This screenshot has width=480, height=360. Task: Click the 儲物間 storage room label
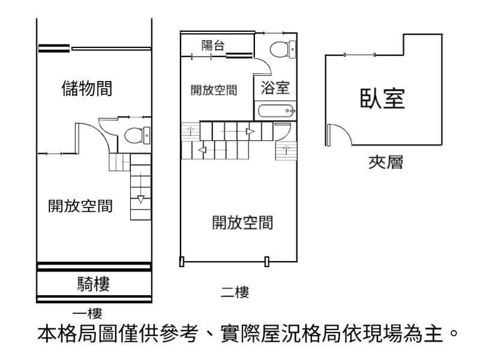point(87,88)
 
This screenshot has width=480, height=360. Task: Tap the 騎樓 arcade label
point(94,284)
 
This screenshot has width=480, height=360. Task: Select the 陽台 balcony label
point(213,46)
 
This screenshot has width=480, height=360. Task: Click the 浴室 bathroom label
point(275,88)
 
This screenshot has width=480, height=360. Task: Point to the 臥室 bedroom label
point(382,98)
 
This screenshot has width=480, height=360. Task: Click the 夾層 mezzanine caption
point(386,162)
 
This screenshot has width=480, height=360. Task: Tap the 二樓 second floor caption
point(235,292)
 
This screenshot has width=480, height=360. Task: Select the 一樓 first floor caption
point(87,313)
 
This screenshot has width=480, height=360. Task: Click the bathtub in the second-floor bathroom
point(276,110)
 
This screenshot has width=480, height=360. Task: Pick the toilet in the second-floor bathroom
point(283,49)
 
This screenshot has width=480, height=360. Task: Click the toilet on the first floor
point(137,136)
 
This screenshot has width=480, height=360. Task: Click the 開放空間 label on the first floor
point(80,206)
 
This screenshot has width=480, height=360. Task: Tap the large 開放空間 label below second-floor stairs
point(242,223)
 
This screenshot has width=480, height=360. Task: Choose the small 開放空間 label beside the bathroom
point(214,91)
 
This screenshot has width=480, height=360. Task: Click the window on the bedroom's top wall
point(359,55)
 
